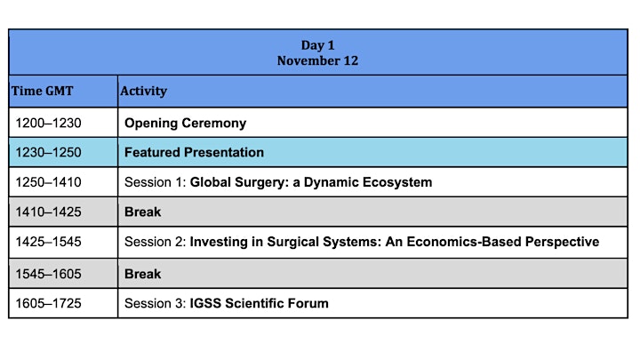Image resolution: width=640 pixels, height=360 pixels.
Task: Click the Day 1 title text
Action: (317, 45)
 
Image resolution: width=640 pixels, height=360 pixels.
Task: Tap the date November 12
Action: (317, 60)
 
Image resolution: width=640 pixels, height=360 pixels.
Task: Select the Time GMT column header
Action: (42, 91)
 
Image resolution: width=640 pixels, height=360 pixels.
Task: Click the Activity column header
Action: (143, 91)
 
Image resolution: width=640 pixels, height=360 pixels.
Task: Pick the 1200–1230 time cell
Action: (48, 123)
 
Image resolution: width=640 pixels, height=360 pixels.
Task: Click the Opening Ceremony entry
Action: (185, 124)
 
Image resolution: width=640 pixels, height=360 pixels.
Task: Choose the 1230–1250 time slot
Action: (48, 152)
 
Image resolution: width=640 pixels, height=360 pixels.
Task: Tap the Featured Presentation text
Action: (194, 152)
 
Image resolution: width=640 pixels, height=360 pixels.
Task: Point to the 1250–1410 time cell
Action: (48, 182)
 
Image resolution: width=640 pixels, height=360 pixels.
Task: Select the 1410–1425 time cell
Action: (48, 212)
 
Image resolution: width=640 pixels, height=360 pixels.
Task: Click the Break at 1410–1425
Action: (143, 212)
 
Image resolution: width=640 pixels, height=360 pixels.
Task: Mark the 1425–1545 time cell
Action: (48, 242)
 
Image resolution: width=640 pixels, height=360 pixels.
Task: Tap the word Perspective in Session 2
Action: (562, 242)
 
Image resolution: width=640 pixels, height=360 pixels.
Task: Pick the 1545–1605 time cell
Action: (48, 274)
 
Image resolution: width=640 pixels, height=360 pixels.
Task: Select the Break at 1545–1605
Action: (143, 274)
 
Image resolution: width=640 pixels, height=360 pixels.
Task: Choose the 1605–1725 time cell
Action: (48, 303)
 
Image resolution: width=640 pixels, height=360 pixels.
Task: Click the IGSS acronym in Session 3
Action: (205, 303)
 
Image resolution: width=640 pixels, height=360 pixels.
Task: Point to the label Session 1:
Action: (156, 182)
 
